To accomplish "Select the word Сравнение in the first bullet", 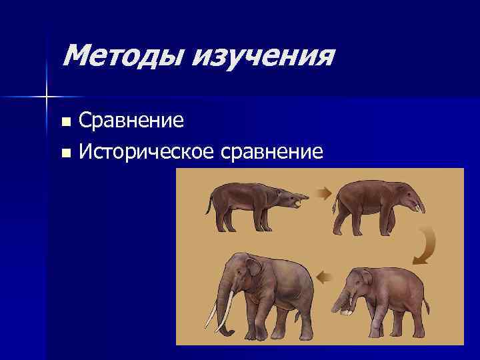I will pyautogui.click(x=131, y=121).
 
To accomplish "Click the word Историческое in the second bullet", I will pyautogui.click(x=146, y=153).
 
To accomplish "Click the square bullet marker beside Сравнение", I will pyautogui.click(x=65, y=122).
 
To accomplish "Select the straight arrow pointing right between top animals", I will pyautogui.click(x=323, y=194).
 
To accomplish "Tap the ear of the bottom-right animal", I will pyautogui.click(x=365, y=278).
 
